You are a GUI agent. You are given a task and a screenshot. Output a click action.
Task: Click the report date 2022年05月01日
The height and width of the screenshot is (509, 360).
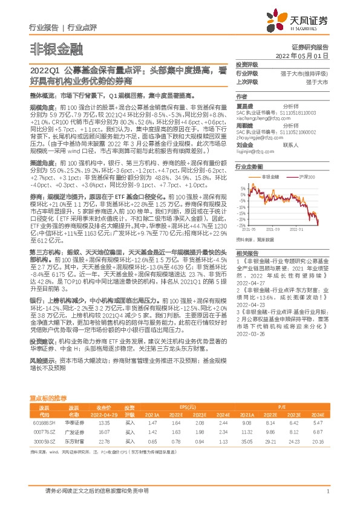coord(308,54)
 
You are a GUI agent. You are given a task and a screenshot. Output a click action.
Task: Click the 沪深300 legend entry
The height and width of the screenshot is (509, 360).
coord(305,177)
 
